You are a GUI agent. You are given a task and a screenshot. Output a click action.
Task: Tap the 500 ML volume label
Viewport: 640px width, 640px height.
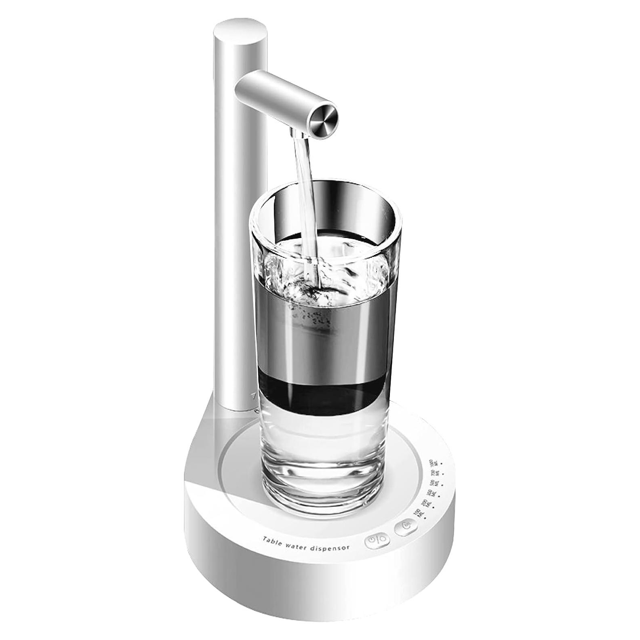coord(434,482)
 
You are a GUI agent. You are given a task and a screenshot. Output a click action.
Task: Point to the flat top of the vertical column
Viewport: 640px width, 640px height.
coord(240,32)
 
